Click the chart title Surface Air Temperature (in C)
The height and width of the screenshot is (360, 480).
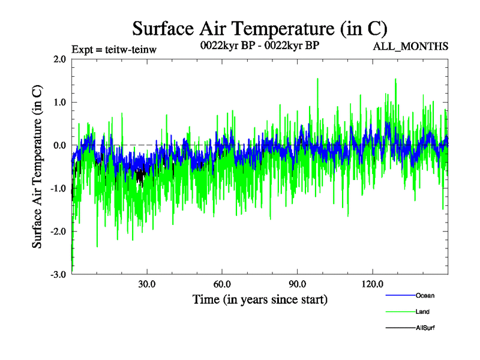[260, 28]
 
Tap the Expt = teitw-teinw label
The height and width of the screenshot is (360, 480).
[114, 49]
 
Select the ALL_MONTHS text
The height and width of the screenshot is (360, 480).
[411, 46]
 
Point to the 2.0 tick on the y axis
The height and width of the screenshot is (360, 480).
[59, 59]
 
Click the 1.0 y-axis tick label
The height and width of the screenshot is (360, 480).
[59, 102]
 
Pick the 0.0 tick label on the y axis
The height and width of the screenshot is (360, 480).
[59, 145]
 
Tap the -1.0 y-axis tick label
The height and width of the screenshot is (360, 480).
[58, 188]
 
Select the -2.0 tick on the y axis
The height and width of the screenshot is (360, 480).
[58, 232]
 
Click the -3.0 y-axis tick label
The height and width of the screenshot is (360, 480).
[58, 275]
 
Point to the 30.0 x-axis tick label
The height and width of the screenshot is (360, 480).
[146, 284]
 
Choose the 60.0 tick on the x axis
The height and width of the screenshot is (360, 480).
[222, 284]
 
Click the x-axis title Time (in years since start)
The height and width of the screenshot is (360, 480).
[260, 299]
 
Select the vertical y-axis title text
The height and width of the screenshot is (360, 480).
[37, 167]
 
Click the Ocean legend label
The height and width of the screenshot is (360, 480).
[425, 295]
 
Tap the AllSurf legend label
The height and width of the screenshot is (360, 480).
[425, 328]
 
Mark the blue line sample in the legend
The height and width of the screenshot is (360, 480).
[400, 295]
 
